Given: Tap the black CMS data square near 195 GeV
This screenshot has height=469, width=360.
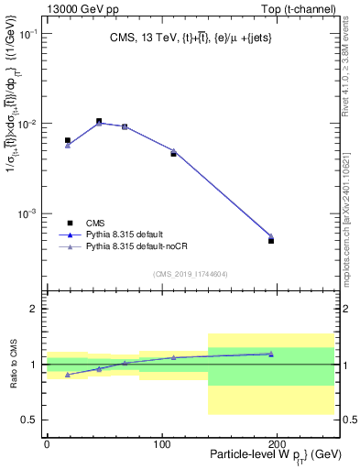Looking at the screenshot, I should tap(271, 241).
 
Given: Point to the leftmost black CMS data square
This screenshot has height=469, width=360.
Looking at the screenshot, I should tap(68, 140).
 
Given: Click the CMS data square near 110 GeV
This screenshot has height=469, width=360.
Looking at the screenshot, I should tap(173, 154).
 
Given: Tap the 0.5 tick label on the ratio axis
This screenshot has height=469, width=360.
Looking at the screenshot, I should tap(31, 420).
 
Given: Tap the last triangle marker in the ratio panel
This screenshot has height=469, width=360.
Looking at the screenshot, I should tap(271, 354).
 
